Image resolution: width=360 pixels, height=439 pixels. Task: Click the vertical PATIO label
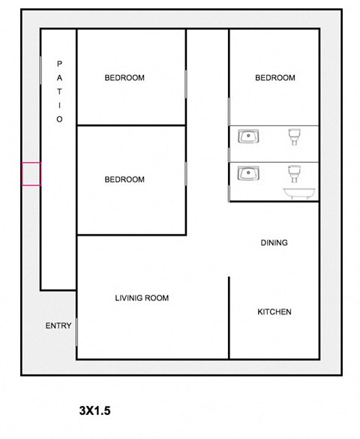click(59, 92)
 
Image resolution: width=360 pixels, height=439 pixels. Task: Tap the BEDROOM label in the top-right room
click(275, 78)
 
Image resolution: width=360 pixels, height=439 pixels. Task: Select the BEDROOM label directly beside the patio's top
click(124, 78)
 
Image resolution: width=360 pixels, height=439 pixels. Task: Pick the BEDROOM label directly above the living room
click(124, 180)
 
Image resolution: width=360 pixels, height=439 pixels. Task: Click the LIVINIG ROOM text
click(142, 299)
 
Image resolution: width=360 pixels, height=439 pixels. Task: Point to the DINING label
click(274, 243)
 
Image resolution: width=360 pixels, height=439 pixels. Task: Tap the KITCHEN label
click(274, 312)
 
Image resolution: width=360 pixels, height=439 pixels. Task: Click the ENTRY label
click(58, 326)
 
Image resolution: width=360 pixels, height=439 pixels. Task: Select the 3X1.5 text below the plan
click(94, 411)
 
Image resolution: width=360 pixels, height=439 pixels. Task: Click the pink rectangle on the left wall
click(31, 174)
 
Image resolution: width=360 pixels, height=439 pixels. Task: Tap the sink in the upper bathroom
click(248, 137)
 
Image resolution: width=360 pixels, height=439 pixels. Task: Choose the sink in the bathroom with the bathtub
click(248, 173)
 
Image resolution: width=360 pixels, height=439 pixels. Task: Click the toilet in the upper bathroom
click(295, 137)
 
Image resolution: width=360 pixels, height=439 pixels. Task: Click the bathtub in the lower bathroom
click(300, 194)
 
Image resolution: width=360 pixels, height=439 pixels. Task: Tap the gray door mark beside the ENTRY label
click(76, 331)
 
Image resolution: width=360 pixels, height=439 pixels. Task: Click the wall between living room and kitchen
click(229, 315)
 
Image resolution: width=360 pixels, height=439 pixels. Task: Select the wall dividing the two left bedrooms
click(131, 125)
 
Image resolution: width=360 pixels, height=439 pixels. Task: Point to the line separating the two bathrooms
click(274, 162)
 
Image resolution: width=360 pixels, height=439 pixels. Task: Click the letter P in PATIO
click(59, 64)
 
